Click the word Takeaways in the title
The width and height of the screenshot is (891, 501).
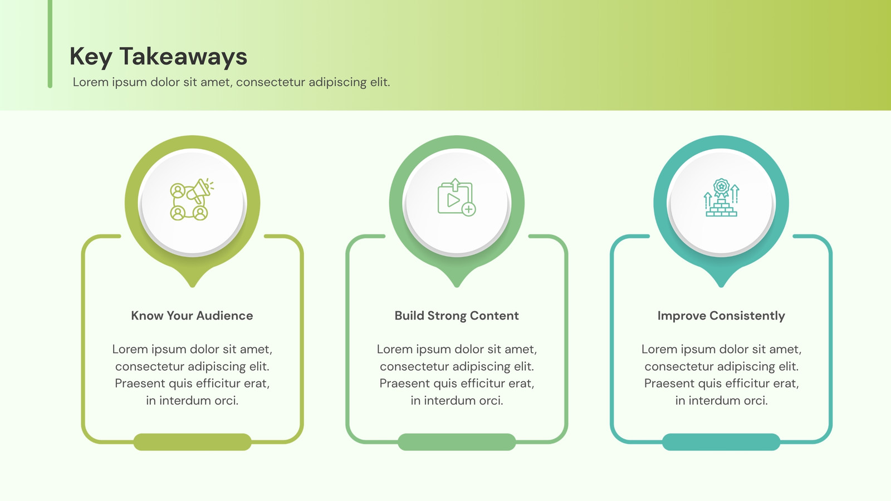coord(183,57)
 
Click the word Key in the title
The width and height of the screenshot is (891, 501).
coord(91,57)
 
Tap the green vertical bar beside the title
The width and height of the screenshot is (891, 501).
coord(50,44)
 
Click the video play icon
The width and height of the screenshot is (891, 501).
coord(457,198)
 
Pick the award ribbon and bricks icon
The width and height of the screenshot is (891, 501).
coord(721,198)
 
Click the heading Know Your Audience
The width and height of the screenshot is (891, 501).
coord(192,316)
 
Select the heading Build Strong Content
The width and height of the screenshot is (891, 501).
coord(457,316)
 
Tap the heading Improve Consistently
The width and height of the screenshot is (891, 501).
coord(721,316)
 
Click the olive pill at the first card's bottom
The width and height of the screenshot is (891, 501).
coord(192,442)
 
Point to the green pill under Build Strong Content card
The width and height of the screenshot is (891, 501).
coord(457,442)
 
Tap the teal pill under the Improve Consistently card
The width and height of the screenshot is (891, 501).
coord(721,442)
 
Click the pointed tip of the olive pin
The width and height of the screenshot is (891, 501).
coord(193,286)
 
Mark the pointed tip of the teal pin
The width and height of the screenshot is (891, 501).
coord(721,286)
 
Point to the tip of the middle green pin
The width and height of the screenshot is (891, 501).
coord(457,286)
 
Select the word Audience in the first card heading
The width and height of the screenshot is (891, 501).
coord(225,316)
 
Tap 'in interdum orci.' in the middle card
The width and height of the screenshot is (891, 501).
coord(457,400)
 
